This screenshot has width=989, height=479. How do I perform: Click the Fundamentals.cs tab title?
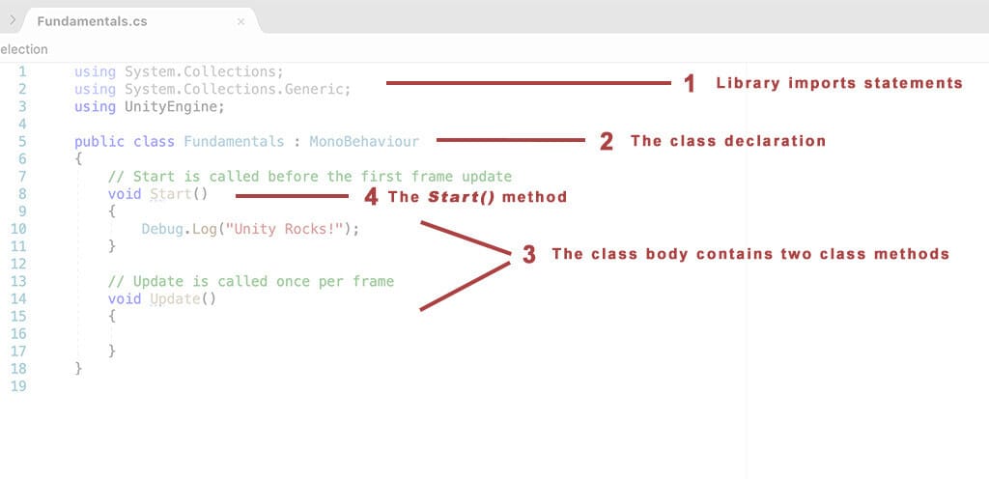(x=92, y=21)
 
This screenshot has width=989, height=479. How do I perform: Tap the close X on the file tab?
(x=240, y=21)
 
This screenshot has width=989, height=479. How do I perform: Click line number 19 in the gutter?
(x=18, y=385)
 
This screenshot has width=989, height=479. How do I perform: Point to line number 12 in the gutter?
(x=18, y=264)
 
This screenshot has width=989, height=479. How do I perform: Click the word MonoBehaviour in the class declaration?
(x=364, y=141)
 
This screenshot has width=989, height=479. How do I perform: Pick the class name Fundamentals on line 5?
(x=234, y=141)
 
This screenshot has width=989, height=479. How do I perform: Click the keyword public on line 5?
(x=99, y=142)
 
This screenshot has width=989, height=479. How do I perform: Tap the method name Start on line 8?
(x=171, y=194)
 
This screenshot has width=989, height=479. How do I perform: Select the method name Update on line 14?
(x=175, y=298)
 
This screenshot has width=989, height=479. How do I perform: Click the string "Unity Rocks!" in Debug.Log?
(x=285, y=229)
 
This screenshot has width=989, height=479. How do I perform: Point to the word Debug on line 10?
(x=162, y=229)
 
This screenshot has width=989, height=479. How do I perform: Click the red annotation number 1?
(x=690, y=84)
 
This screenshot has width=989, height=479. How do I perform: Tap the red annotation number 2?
(x=606, y=141)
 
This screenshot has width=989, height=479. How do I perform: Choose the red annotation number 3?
(x=528, y=255)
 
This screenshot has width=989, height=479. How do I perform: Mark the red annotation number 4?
(x=372, y=197)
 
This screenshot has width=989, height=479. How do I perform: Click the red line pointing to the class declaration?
(x=511, y=140)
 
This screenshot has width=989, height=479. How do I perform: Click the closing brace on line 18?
(x=78, y=368)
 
